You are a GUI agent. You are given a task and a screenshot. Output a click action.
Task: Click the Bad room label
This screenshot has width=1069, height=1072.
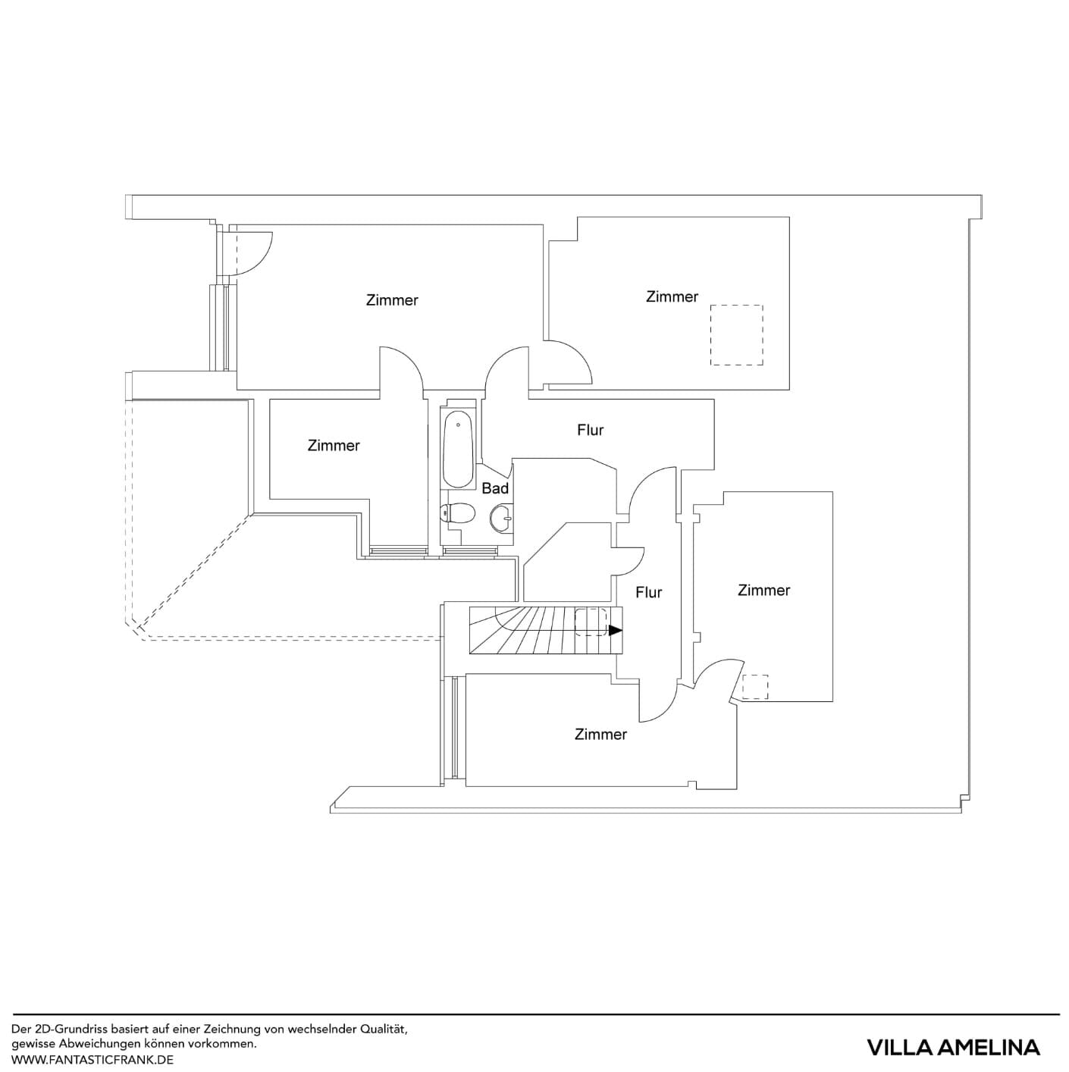495,489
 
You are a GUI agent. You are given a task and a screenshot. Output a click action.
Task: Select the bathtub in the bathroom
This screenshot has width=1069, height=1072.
458,450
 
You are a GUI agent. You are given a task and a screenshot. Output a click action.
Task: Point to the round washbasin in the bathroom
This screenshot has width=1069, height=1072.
500,519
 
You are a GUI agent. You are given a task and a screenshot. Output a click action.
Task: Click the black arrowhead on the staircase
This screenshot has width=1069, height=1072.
615,630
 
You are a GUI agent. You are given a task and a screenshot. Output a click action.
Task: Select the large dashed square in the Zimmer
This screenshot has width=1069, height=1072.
736,335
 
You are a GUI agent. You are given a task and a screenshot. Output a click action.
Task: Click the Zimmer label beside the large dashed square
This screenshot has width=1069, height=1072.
672,297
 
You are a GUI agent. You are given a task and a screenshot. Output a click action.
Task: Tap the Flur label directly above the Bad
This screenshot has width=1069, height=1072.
590,431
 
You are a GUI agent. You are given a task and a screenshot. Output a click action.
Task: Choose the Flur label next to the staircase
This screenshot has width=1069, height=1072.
648,593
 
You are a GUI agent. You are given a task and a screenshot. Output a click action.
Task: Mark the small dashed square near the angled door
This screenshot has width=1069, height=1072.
755,686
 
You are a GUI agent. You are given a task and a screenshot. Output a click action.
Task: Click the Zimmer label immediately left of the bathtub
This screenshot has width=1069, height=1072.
334,446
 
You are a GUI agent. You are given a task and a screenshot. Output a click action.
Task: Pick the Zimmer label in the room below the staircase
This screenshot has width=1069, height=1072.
600,735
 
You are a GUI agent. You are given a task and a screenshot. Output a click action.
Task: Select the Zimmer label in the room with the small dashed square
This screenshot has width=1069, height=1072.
763,591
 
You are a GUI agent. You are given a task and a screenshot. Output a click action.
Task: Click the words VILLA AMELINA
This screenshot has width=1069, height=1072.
953,1048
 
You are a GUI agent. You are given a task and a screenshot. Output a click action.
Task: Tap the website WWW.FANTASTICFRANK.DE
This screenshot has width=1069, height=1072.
92,1059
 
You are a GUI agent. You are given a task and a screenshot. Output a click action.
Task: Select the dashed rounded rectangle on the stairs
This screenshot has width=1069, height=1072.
591,622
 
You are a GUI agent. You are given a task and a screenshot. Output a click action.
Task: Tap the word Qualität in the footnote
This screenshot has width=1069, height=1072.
384,1030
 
